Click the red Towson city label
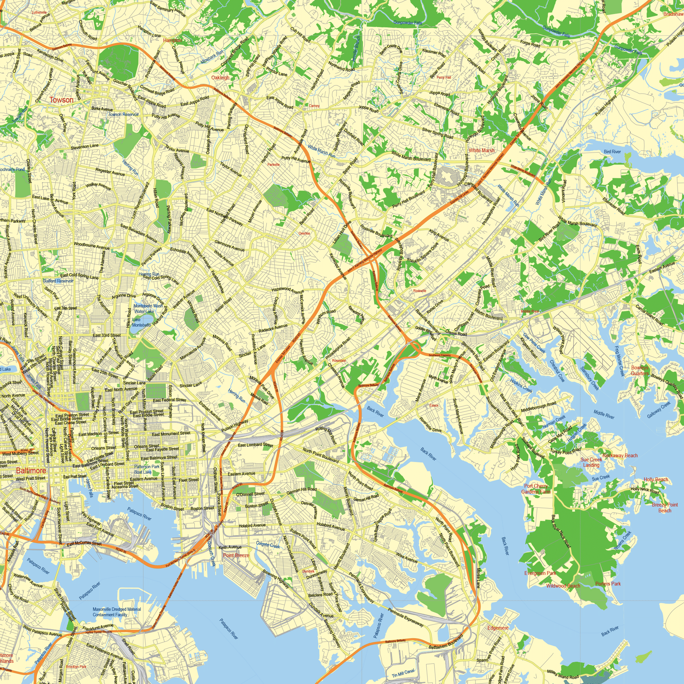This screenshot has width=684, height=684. coord(61,100)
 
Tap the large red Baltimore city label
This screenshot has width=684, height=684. coord(31,471)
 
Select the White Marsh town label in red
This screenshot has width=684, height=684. coord(482,150)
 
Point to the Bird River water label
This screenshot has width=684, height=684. coord(612,152)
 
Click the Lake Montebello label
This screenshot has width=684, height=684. coord(141,322)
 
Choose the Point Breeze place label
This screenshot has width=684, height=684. coord(236,555)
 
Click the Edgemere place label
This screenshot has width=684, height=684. coord(498,628)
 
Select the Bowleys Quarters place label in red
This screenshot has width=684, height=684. coord(640,370)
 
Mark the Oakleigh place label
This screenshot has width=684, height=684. coord(220,78)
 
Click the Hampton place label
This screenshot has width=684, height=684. coord(172,40)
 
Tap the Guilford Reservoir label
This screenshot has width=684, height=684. coord(58,281)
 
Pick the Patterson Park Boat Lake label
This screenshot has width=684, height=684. coord(147,469)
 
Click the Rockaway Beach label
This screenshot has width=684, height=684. coord(620,456)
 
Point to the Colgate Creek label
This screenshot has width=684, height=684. coord(268,545)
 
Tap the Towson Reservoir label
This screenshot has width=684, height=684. coord(123,114)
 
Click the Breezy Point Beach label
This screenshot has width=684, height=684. coord(665,507)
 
